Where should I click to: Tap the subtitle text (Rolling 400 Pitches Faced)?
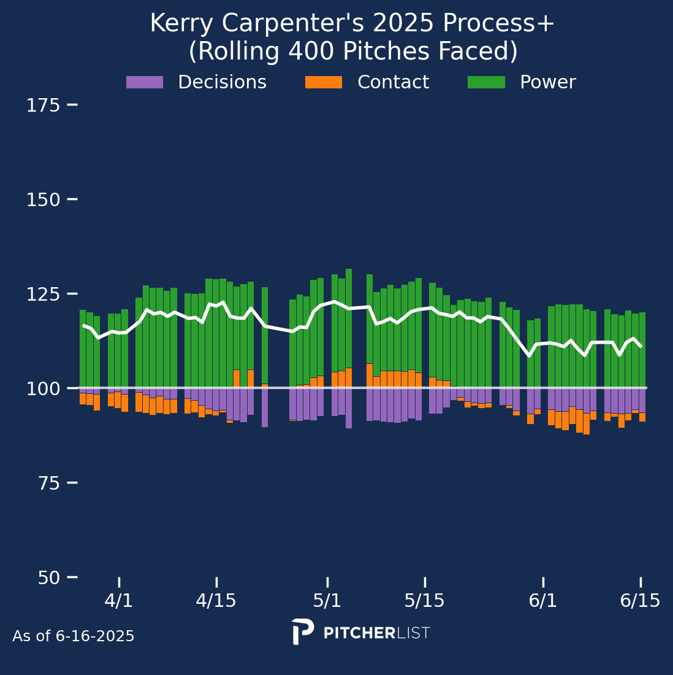[353, 52]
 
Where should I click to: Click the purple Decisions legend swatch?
[145, 82]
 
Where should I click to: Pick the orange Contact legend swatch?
[324, 82]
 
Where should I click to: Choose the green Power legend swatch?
[486, 82]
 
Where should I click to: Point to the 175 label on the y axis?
[43, 106]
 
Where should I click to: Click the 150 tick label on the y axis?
[43, 200]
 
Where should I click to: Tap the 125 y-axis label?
[43, 294]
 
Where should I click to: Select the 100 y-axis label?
[43, 388]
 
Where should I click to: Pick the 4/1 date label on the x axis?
[119, 601]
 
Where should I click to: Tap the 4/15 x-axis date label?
[216, 601]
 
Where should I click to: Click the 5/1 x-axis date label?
[327, 601]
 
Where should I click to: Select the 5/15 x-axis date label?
[425, 601]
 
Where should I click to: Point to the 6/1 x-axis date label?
[543, 601]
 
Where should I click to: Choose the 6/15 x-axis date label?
[641, 601]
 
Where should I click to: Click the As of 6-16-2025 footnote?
[74, 636]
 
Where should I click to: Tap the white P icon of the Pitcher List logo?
[302, 631]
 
